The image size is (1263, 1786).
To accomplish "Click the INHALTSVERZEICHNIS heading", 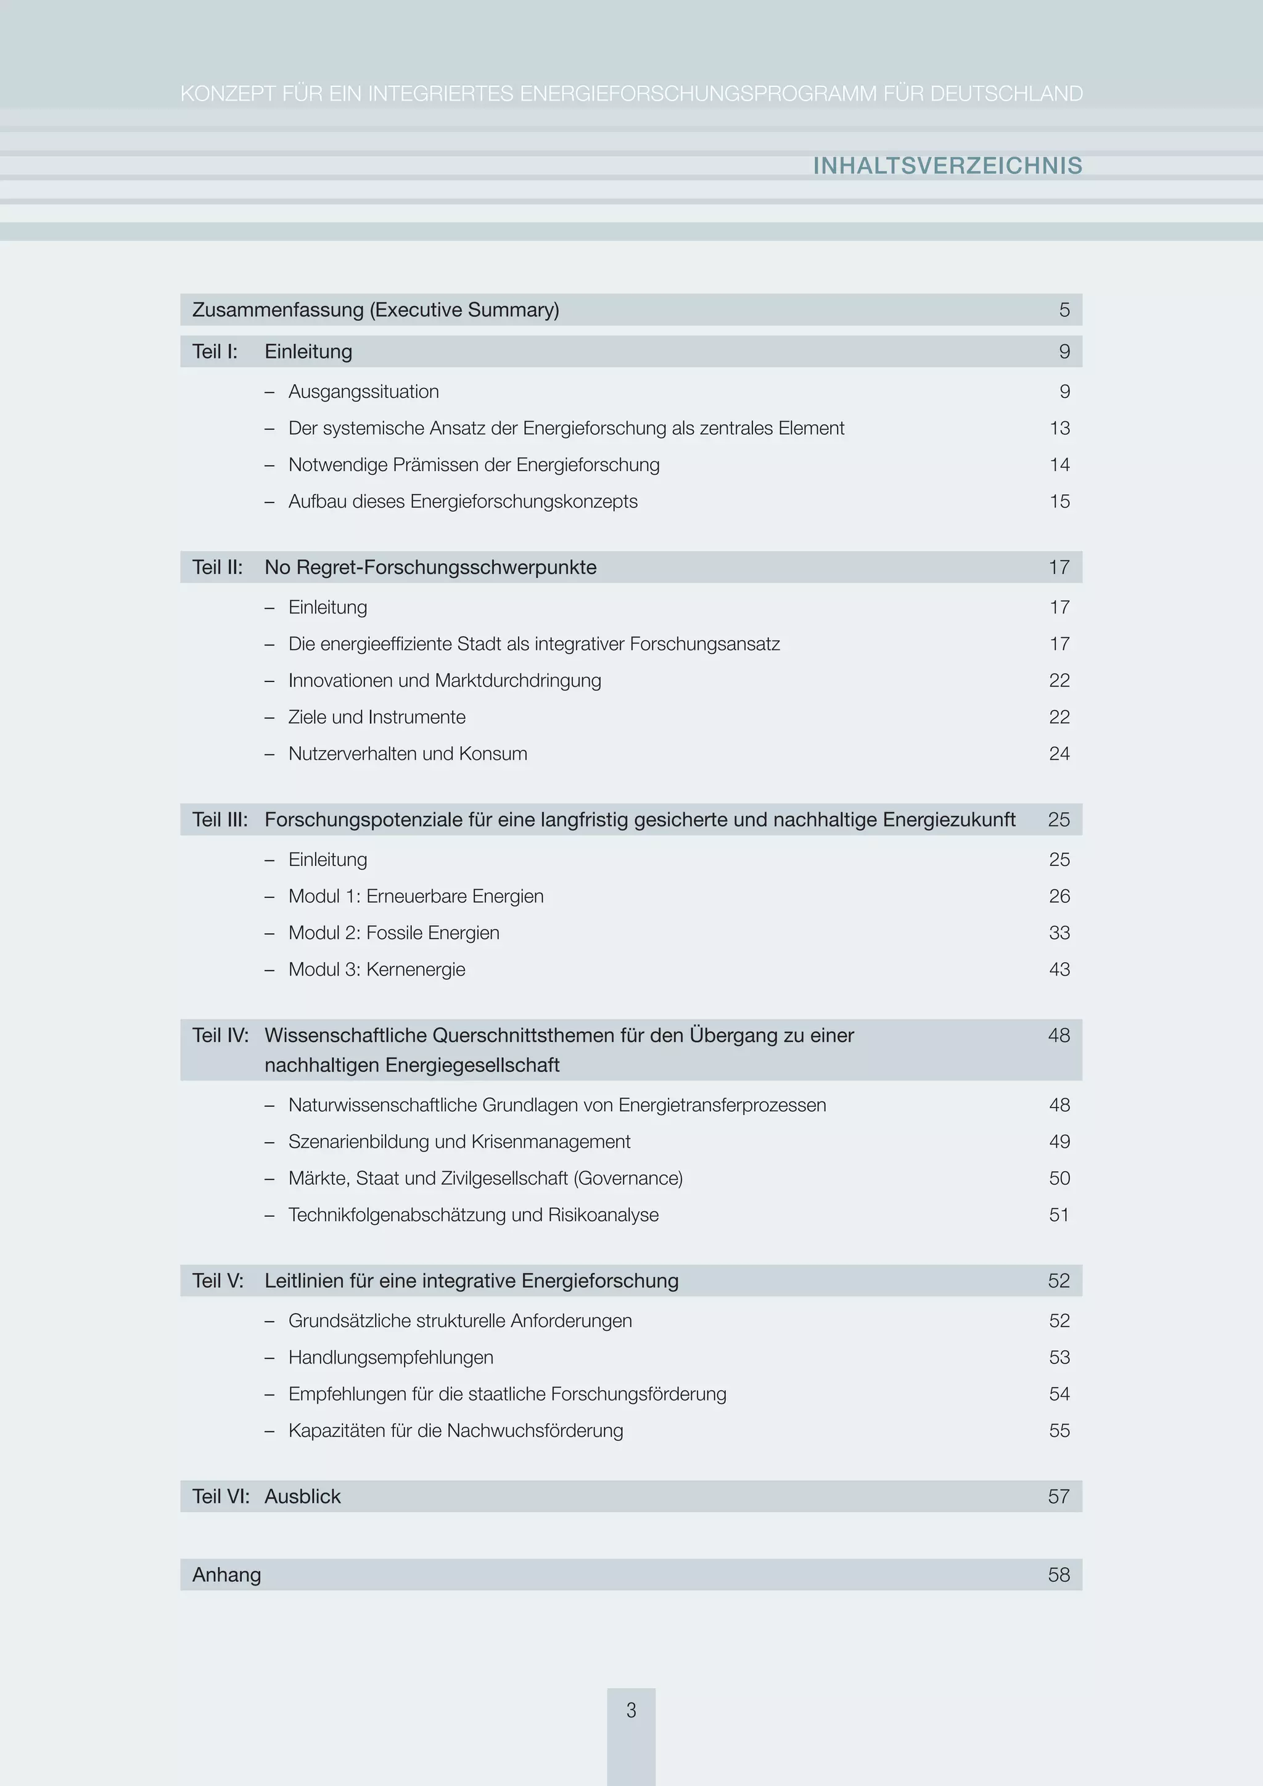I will (x=947, y=166).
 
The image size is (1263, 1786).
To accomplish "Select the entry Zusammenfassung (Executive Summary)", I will (x=376, y=310).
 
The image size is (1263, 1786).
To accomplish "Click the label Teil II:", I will (x=218, y=567).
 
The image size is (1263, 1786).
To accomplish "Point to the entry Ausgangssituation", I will (x=363, y=391).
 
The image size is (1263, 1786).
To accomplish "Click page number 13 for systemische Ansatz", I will (x=1059, y=428).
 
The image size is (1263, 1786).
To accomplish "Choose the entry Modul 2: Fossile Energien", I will (x=393, y=932).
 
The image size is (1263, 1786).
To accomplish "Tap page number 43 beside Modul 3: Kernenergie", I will (x=1059, y=969).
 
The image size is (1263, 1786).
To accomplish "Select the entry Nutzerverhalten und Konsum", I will (x=408, y=754).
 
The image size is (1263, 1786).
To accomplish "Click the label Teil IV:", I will (x=220, y=1035).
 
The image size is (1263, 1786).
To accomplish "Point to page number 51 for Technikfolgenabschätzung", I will (x=1059, y=1214).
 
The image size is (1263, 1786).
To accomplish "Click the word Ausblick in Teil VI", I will (x=303, y=1496).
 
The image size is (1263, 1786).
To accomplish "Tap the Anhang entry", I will (x=226, y=1574).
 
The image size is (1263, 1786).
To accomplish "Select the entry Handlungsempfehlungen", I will (x=390, y=1357).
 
